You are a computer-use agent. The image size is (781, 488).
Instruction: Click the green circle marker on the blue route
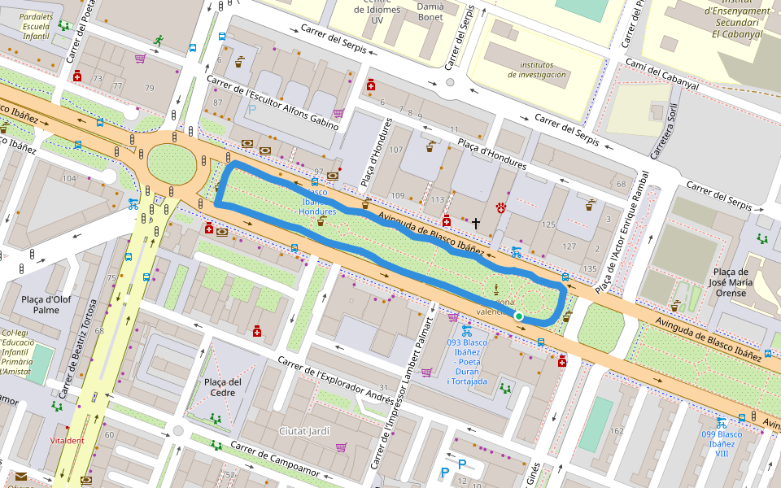coord(519,316)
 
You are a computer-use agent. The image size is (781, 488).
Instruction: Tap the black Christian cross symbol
coord(476,221)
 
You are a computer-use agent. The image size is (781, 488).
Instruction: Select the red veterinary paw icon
coord(501,207)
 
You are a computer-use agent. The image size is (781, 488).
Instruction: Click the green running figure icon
coord(158,39)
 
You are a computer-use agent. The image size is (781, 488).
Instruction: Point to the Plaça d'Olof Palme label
coord(46,303)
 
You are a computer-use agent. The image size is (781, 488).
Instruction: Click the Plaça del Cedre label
coord(223,387)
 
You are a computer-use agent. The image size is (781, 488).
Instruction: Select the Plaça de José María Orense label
coord(730,281)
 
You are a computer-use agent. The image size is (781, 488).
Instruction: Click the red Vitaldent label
coord(67,440)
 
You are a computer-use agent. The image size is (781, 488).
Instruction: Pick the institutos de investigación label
coord(536,69)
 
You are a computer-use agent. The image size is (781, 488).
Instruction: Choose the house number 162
coord(616,430)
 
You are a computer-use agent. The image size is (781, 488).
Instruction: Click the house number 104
coord(69,178)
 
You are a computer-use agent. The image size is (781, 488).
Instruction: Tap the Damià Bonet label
coord(430,11)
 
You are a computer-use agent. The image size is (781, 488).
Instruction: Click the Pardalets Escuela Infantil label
coord(36,26)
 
